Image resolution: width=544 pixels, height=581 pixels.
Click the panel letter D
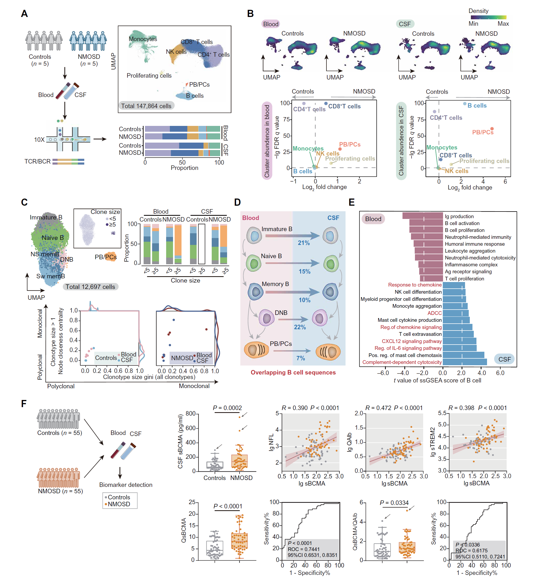(237, 202)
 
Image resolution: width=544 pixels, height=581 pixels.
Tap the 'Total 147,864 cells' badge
(146, 106)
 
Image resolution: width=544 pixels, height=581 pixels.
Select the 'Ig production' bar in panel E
(422, 216)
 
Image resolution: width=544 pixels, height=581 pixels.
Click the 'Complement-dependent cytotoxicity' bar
(464, 362)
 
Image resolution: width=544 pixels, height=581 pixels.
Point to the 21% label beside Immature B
(304, 243)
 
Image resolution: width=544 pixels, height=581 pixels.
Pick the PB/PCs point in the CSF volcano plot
(492, 129)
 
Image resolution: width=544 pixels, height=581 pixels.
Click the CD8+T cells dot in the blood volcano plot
(326, 103)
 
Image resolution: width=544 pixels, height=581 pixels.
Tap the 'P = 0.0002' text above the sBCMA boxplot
(227, 408)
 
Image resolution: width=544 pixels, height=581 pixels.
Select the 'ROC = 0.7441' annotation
(304, 549)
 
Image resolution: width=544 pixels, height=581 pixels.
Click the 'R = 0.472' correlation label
(378, 408)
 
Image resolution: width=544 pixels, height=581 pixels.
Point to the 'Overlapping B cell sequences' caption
(293, 372)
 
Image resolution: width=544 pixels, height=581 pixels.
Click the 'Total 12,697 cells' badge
(90, 287)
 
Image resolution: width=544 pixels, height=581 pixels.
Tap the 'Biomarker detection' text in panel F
(126, 485)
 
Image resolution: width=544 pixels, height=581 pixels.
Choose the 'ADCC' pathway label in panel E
(435, 313)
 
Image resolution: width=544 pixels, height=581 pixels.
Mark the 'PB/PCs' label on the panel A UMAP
(199, 85)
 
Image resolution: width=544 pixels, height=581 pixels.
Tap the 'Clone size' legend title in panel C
(105, 212)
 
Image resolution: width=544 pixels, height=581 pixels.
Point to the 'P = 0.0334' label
(394, 503)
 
